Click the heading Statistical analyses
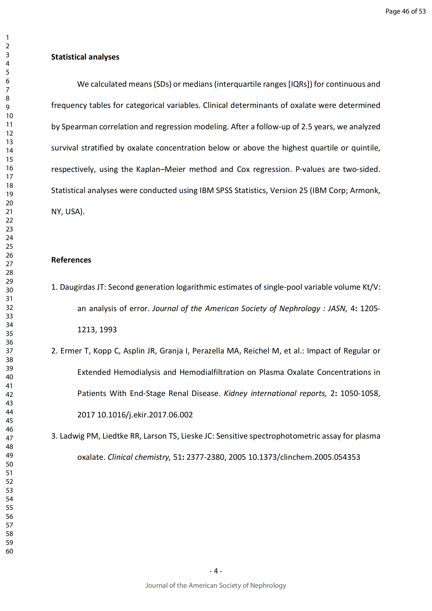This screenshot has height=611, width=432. pyautogui.click(x=85, y=57)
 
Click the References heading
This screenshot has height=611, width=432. pyautogui.click(x=71, y=260)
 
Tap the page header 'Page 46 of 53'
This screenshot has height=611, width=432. pyautogui.click(x=405, y=11)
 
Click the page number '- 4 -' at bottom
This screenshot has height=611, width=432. pyautogui.click(x=216, y=571)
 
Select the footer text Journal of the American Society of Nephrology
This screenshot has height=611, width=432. pyautogui.click(x=216, y=585)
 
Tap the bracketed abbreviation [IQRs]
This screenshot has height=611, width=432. pyautogui.click(x=300, y=84)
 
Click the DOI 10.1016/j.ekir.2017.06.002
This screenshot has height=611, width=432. pyautogui.click(x=145, y=415)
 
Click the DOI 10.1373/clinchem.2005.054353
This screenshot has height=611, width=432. pyautogui.click(x=304, y=457)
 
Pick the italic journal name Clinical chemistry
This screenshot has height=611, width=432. pyautogui.click(x=139, y=457)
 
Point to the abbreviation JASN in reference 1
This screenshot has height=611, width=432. pyautogui.click(x=337, y=309)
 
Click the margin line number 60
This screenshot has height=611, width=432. pyautogui.click(x=9, y=551)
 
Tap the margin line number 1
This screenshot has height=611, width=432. pyautogui.click(x=8, y=38)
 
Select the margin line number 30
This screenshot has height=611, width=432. pyautogui.click(x=9, y=290)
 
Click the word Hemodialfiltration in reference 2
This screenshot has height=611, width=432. pyautogui.click(x=212, y=372)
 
